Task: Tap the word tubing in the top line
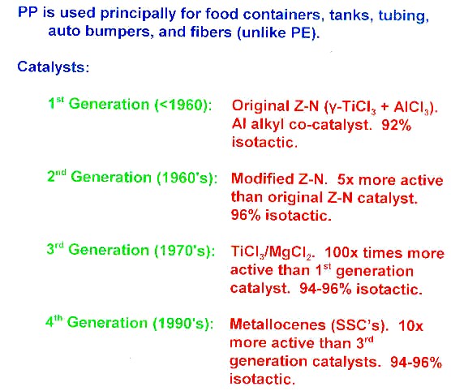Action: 403,15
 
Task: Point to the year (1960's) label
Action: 187,178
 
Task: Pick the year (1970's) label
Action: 185,251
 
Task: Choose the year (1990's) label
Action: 183,324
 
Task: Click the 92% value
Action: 396,125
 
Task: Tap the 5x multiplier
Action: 345,180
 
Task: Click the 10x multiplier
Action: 410,326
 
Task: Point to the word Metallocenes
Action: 277,325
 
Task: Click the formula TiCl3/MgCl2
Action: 272,253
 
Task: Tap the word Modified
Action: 262,179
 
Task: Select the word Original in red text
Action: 260,107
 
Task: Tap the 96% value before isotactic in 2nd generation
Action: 245,216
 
